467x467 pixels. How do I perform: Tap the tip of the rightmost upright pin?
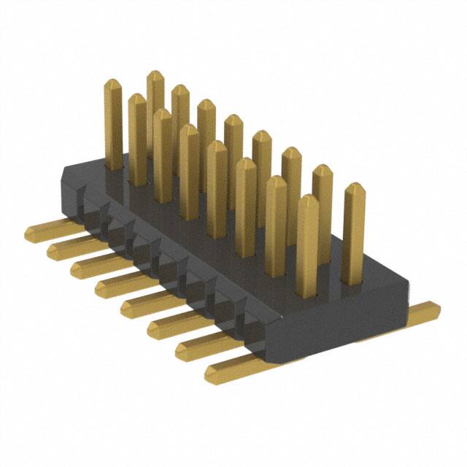354,188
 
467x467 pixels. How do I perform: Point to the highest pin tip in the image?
155,74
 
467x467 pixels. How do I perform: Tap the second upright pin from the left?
137,139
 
